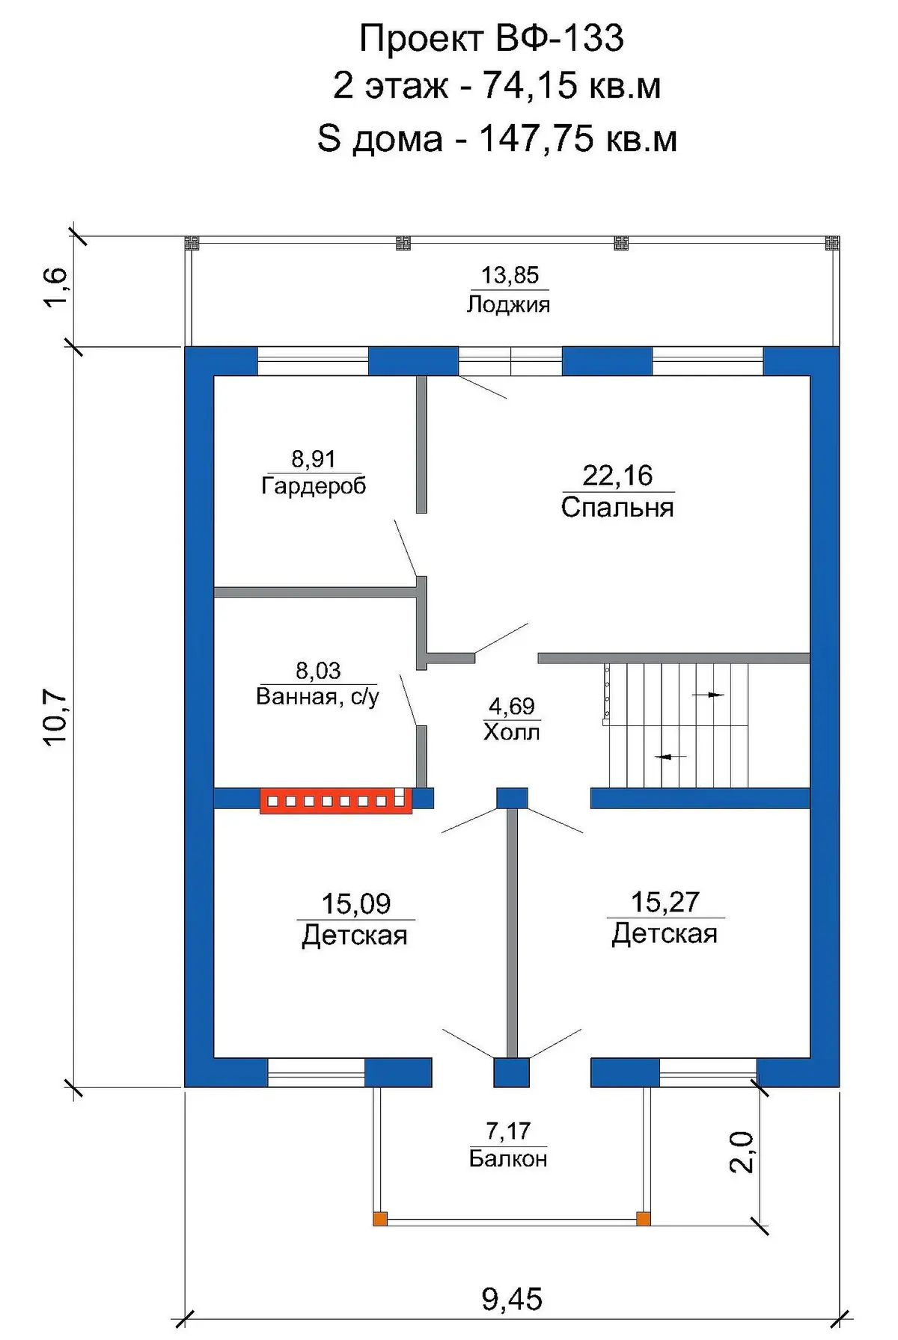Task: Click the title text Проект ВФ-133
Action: [492, 39]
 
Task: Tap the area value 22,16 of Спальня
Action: [617, 476]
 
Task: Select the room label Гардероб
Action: [314, 486]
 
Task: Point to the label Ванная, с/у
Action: [317, 697]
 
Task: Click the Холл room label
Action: [512, 731]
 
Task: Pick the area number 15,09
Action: [356, 903]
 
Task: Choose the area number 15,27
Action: [665, 902]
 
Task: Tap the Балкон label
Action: [508, 1158]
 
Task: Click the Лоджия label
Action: [509, 304]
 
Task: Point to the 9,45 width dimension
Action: [512, 1300]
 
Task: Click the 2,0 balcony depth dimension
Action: [741, 1152]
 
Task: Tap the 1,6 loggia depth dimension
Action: [55, 287]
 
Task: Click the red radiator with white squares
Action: [336, 800]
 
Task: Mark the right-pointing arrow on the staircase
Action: [708, 695]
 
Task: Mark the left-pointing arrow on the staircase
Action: [671, 757]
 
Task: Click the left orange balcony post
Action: [380, 1219]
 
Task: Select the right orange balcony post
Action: [644, 1219]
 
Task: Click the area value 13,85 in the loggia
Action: [510, 275]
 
